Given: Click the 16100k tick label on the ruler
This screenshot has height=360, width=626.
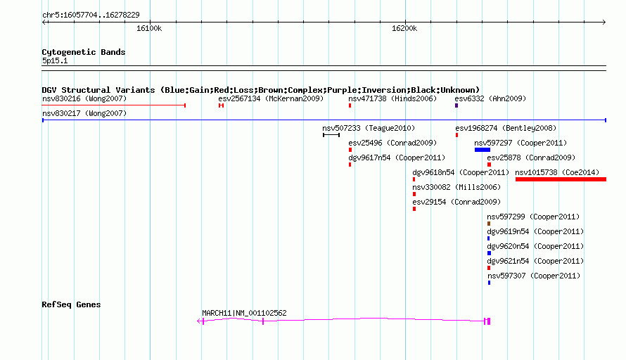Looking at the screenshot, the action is (149, 28).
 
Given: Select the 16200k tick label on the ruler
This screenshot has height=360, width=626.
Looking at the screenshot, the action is (404, 28).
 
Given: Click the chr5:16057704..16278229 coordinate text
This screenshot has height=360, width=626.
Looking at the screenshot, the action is (91, 15).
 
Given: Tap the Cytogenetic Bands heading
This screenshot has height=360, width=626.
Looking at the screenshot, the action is (84, 52).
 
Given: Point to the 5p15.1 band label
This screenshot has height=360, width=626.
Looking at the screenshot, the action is (55, 60).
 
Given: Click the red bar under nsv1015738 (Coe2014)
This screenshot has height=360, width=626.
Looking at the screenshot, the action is (561, 179).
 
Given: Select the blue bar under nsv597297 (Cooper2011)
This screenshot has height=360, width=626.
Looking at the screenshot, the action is (483, 150).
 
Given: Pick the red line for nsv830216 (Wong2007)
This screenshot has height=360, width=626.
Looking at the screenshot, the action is (114, 105).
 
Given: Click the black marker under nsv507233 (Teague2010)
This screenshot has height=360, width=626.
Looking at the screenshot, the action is (331, 135).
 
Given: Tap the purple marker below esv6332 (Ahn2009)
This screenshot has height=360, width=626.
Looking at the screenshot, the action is (456, 105).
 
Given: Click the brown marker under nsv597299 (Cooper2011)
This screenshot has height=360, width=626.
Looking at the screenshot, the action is (489, 224).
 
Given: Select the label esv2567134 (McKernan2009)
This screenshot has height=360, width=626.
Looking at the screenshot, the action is (271, 98).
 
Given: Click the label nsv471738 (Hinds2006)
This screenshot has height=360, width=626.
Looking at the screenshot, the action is (392, 98).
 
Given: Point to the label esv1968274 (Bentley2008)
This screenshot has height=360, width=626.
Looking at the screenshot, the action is (506, 128).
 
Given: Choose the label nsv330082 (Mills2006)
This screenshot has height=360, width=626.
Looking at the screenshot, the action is (456, 187).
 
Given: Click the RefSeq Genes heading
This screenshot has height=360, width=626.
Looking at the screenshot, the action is (71, 304).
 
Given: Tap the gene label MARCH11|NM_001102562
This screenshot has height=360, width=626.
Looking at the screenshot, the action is (244, 314).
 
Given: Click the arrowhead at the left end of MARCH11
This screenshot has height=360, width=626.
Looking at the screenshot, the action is (199, 321).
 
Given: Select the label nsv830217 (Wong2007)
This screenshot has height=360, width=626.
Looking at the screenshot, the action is (84, 113).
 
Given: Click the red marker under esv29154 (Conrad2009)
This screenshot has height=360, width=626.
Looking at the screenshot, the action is (414, 209).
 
